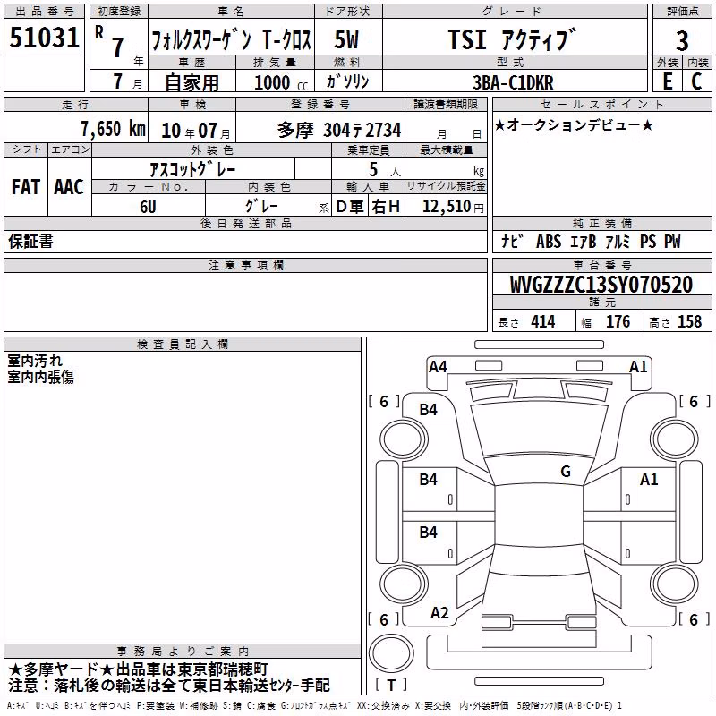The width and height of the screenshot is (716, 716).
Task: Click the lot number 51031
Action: (44, 38)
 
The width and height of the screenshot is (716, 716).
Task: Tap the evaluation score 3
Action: (682, 41)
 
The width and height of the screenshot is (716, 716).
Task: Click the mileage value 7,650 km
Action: (113, 129)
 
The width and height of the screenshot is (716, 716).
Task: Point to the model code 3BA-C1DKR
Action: (513, 82)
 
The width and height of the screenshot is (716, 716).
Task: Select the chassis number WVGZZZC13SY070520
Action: (601, 285)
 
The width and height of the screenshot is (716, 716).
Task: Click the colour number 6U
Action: (148, 207)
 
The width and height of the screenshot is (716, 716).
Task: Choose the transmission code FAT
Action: (26, 187)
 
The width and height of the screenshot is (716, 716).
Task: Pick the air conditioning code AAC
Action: (69, 187)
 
